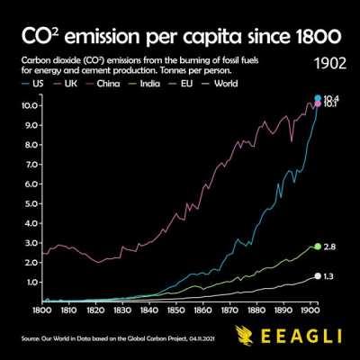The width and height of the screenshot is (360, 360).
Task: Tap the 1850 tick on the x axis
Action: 176,310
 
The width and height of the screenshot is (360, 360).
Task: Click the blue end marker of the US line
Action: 318,98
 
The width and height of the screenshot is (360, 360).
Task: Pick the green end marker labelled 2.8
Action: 317,246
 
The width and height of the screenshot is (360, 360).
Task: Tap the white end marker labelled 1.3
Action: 317,276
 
